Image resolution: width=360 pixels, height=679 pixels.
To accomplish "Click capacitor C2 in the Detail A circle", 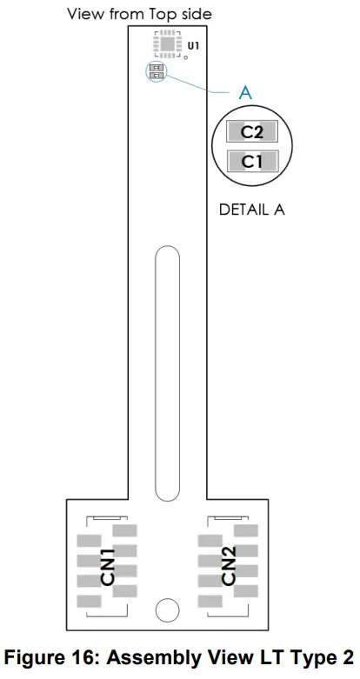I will tap(252, 132).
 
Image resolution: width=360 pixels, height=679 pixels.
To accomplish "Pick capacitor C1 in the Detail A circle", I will tap(252, 161).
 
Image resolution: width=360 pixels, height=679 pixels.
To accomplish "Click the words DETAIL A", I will tap(251, 210).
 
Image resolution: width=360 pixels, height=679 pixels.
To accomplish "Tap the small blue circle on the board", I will tap(157, 71).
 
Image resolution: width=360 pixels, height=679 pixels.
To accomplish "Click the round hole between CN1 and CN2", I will tap(167, 609).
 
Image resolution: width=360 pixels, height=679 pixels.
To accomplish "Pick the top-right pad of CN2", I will tap(246, 530).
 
